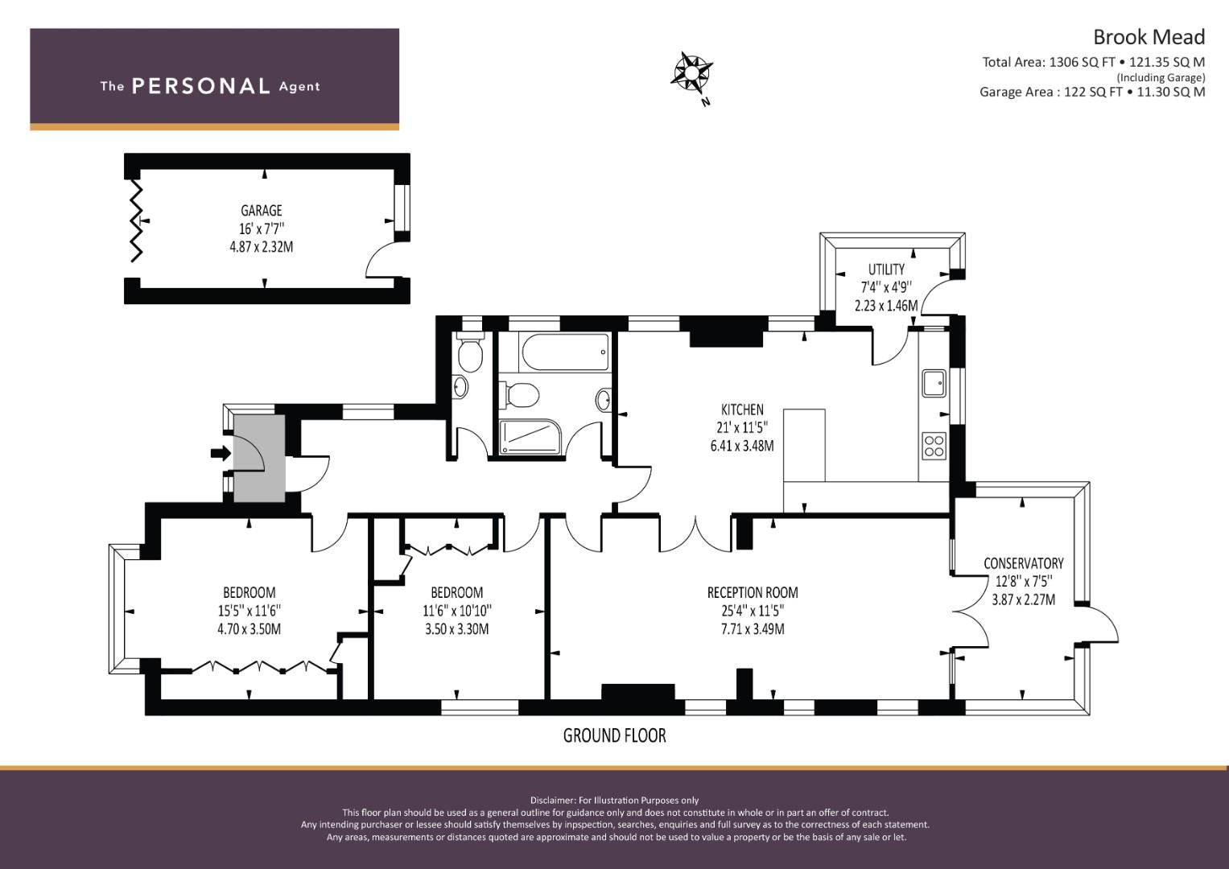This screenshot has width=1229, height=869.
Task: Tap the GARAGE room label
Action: (261, 211)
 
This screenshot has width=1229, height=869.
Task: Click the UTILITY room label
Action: (886, 270)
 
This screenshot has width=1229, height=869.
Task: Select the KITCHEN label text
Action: (742, 410)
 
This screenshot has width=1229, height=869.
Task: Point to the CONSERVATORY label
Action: (1023, 563)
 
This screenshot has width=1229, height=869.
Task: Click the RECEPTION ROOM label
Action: (753, 592)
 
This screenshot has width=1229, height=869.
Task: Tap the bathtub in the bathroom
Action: (565, 352)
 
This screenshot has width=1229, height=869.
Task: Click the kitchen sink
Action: (934, 383)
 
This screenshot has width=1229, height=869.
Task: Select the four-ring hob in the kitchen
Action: (934, 446)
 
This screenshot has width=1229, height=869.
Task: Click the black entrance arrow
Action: (221, 453)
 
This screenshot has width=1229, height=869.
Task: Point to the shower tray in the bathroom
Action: (530, 437)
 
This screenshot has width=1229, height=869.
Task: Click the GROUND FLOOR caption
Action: (615, 735)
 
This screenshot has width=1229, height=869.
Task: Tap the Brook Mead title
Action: (1149, 37)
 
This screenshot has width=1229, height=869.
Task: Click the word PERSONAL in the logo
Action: (201, 86)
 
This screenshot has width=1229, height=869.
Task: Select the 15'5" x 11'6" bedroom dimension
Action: (249, 611)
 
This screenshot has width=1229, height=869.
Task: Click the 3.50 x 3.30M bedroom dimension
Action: (456, 628)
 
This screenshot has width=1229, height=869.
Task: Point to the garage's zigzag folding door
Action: (137, 220)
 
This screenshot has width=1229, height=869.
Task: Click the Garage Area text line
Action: (1092, 92)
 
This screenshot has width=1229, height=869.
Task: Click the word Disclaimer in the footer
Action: (552, 800)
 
